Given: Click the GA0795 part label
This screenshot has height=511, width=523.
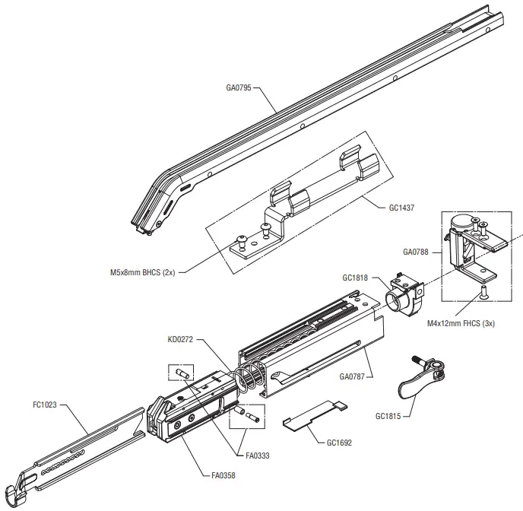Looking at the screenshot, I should pos(239,87).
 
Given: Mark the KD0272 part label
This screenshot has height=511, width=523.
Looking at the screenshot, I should pos(181,339).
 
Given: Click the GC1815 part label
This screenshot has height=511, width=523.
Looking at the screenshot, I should pos(388,417).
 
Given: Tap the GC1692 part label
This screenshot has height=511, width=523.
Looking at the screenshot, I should pos(339,442).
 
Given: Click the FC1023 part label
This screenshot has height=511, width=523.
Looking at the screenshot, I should pos(46,406).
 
